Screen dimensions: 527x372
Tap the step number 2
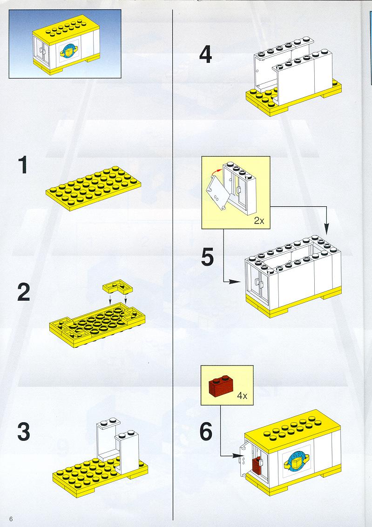[x=23, y=292]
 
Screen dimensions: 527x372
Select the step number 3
[x=23, y=432]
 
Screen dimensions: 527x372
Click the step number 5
[x=208, y=257]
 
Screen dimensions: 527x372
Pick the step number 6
[x=206, y=432]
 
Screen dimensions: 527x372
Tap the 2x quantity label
[x=259, y=221]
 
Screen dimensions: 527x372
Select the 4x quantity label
[x=242, y=396]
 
